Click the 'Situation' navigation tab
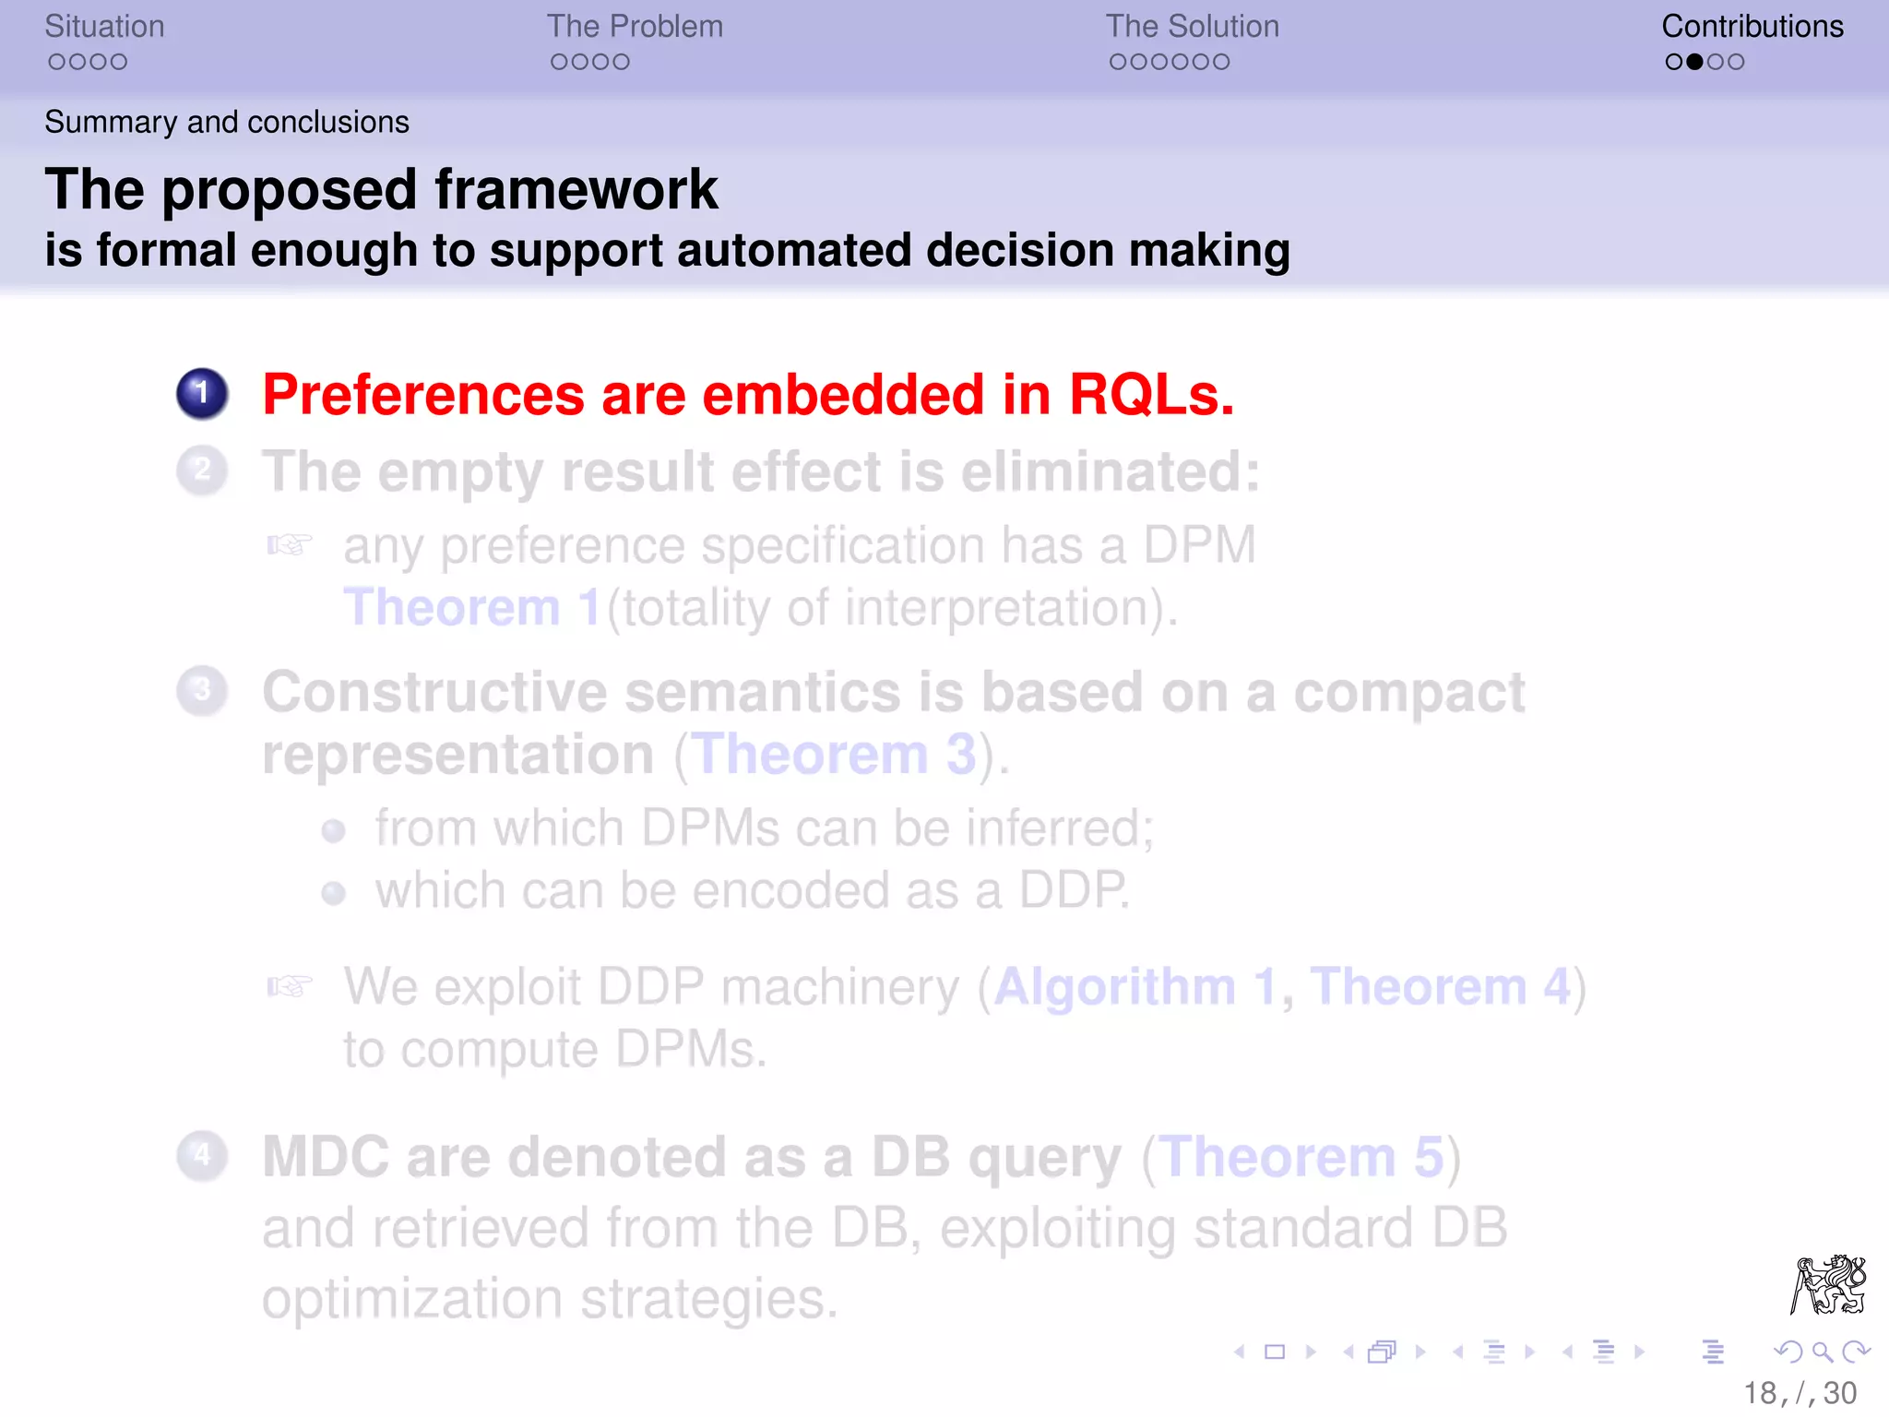(104, 27)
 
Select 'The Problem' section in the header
(635, 27)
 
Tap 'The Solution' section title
(1192, 27)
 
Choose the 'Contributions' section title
(1752, 27)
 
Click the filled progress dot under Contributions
(1694, 62)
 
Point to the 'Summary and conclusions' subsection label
(227, 122)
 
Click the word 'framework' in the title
(576, 190)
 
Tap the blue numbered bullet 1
(202, 394)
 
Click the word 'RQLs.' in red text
(1151, 395)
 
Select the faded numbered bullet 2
(202, 470)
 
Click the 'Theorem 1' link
(471, 607)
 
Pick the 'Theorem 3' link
(834, 755)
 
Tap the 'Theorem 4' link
(1440, 986)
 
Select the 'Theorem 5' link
(1301, 1157)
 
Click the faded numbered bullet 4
(202, 1156)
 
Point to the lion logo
(1828, 1284)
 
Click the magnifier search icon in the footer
(1822, 1352)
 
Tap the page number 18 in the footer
(1759, 1393)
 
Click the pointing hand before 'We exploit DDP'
(290, 986)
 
